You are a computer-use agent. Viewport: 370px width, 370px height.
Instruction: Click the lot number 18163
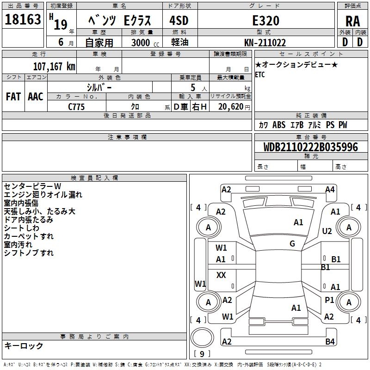(x=23, y=20)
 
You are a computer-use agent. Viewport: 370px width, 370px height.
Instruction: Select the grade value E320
(x=265, y=20)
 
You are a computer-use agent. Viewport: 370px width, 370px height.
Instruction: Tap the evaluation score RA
(x=353, y=21)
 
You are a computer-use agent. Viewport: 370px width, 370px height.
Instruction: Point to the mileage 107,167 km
(x=54, y=66)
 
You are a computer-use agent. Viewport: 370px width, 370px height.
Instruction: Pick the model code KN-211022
(x=265, y=43)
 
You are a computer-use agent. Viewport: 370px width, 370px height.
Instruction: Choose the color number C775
(x=77, y=106)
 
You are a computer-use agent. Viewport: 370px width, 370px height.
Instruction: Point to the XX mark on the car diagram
(x=221, y=275)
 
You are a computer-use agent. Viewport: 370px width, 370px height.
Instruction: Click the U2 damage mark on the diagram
(x=327, y=231)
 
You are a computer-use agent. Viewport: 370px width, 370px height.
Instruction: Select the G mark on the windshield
(x=292, y=244)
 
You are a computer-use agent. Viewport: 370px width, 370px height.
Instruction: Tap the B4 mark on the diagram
(x=330, y=342)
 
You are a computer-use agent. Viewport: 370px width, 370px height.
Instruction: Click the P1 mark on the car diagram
(x=329, y=300)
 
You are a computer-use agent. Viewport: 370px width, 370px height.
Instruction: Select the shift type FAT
(x=13, y=97)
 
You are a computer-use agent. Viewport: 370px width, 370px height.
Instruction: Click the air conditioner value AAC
(x=35, y=97)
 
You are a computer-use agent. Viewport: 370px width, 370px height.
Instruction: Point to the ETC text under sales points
(x=260, y=75)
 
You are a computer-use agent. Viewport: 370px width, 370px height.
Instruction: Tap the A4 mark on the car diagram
(x=330, y=189)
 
